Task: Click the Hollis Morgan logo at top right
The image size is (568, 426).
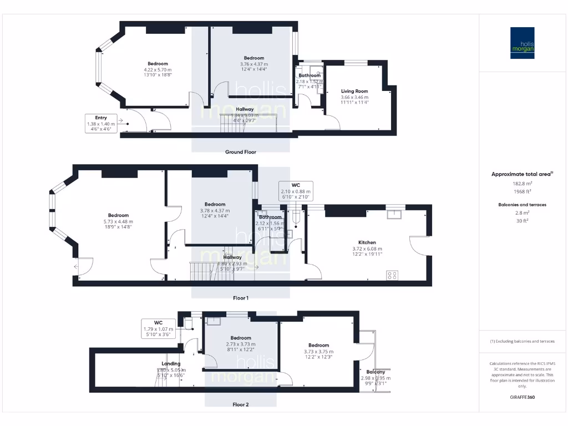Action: pos(522,43)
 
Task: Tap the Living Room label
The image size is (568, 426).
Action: pos(354,92)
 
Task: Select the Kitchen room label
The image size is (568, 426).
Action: pos(367,242)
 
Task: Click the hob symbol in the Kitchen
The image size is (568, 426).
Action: pos(392,275)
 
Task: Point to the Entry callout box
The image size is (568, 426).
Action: pos(100,121)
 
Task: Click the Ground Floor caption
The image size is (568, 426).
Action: pos(240,151)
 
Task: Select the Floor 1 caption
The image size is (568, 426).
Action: pos(240,298)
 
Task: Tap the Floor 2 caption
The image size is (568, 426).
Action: pos(240,404)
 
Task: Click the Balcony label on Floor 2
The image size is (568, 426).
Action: pos(376,372)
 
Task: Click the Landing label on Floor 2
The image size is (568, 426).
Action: pos(170,364)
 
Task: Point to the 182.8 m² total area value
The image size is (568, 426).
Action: pos(521,183)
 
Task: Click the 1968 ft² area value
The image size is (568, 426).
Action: pos(521,191)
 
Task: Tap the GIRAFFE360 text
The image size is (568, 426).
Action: pos(521,397)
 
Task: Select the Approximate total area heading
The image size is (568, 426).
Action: pos(521,174)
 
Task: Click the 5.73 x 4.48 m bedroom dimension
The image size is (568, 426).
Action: pos(118,221)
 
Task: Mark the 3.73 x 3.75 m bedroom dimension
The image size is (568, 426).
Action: pos(318,351)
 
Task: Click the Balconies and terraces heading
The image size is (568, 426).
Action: pos(521,205)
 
